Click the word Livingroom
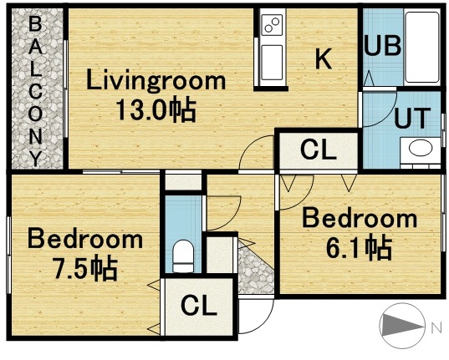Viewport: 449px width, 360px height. pos(156,81)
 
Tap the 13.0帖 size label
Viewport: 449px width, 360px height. pos(156,110)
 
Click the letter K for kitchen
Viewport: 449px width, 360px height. pos(324,58)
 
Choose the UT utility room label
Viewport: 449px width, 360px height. pos(411,117)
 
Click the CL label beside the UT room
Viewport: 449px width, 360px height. pos(318,151)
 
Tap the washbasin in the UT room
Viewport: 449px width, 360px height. pos(419,151)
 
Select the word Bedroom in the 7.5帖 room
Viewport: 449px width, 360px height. pos(84,240)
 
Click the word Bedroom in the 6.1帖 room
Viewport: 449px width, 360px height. pos(359,219)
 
